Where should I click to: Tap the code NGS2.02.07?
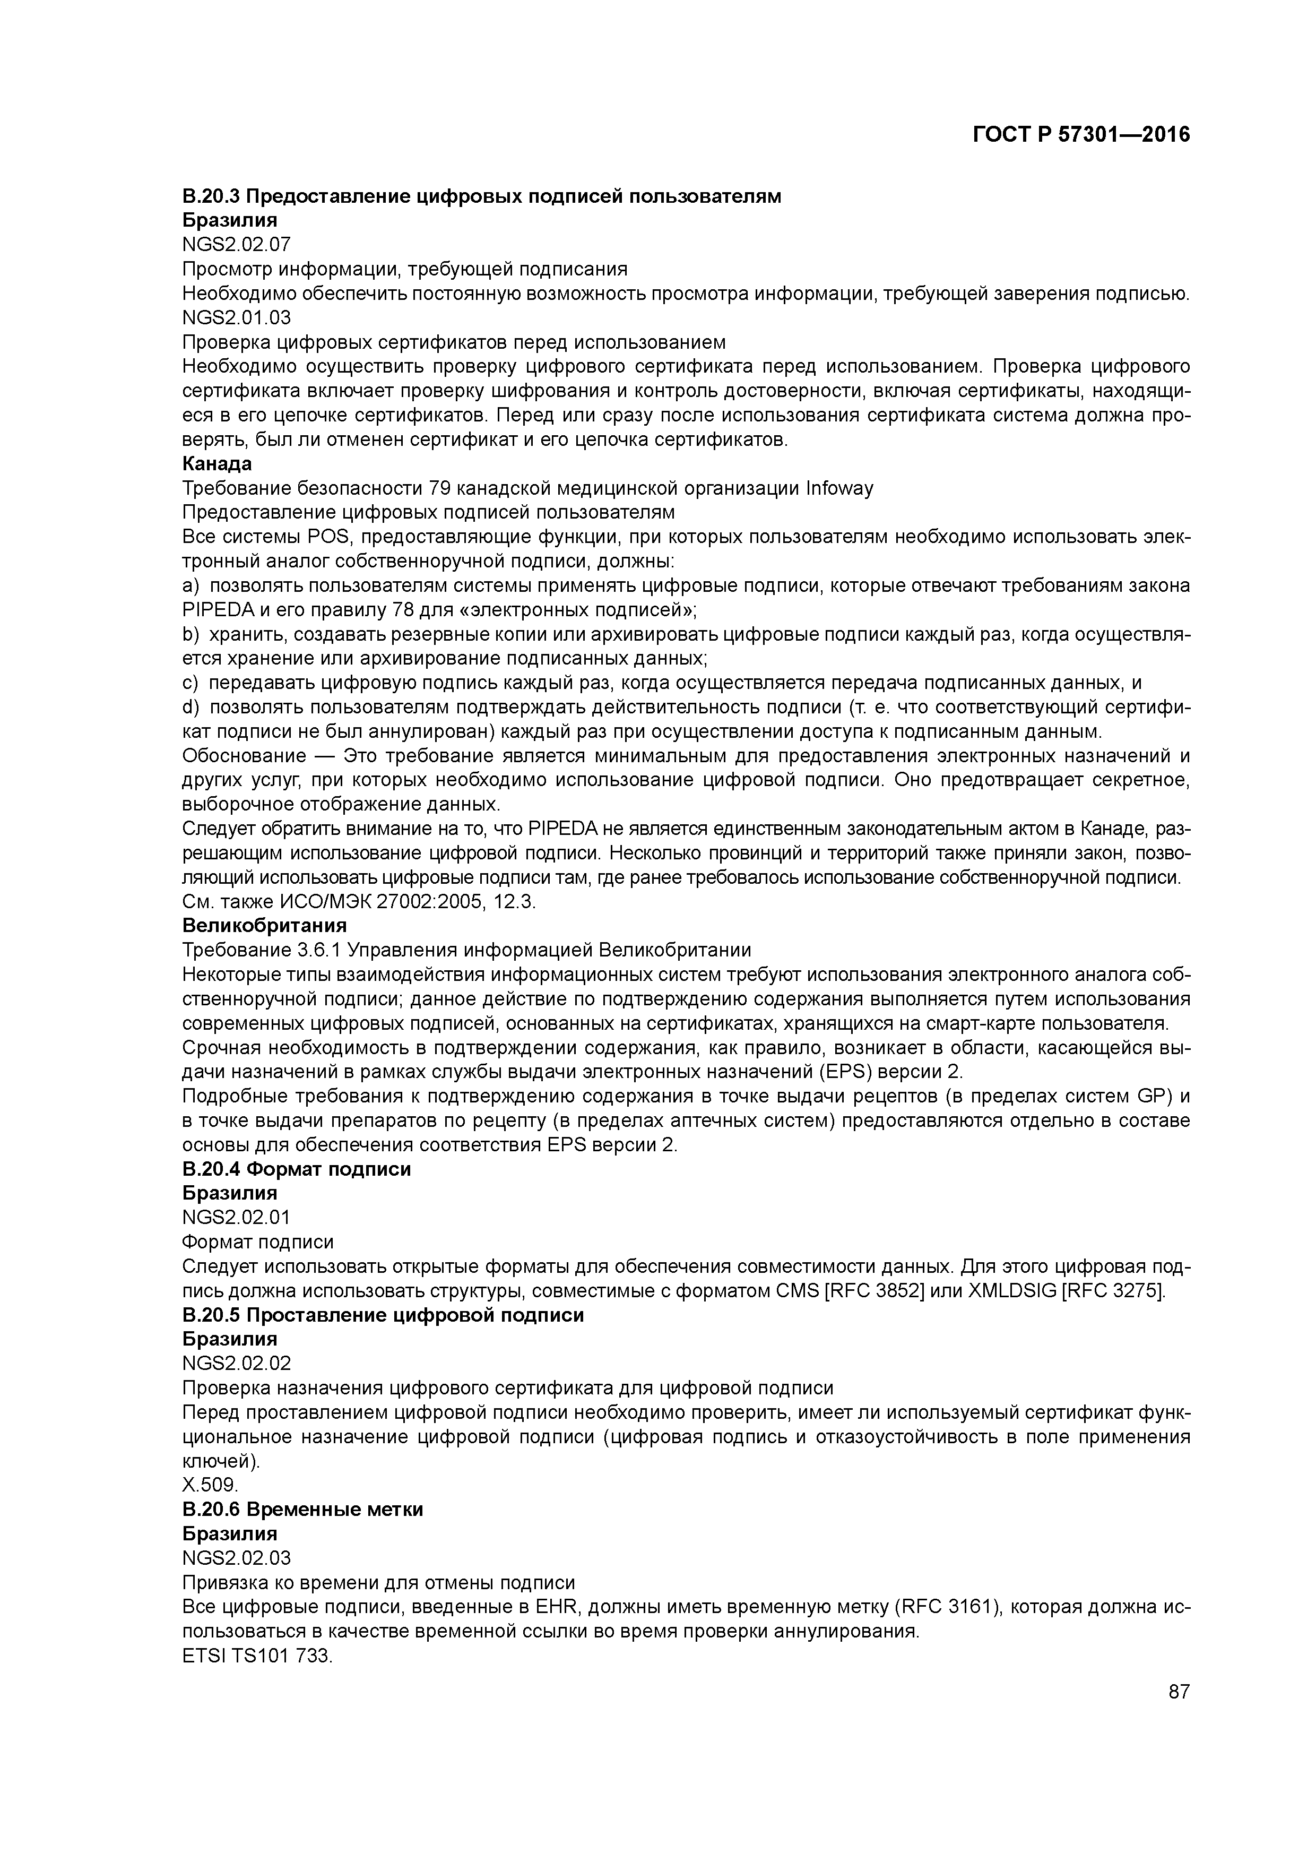click(x=236, y=244)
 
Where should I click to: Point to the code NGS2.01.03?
click(x=236, y=317)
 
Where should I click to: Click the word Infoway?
click(x=839, y=488)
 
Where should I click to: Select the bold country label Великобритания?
click(x=264, y=925)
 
